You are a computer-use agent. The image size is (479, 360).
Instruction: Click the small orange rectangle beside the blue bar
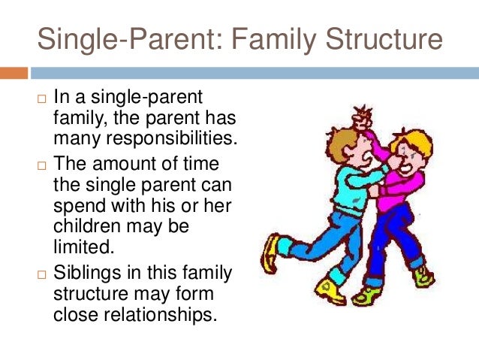click(14, 73)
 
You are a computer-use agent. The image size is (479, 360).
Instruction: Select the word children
click(84, 225)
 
